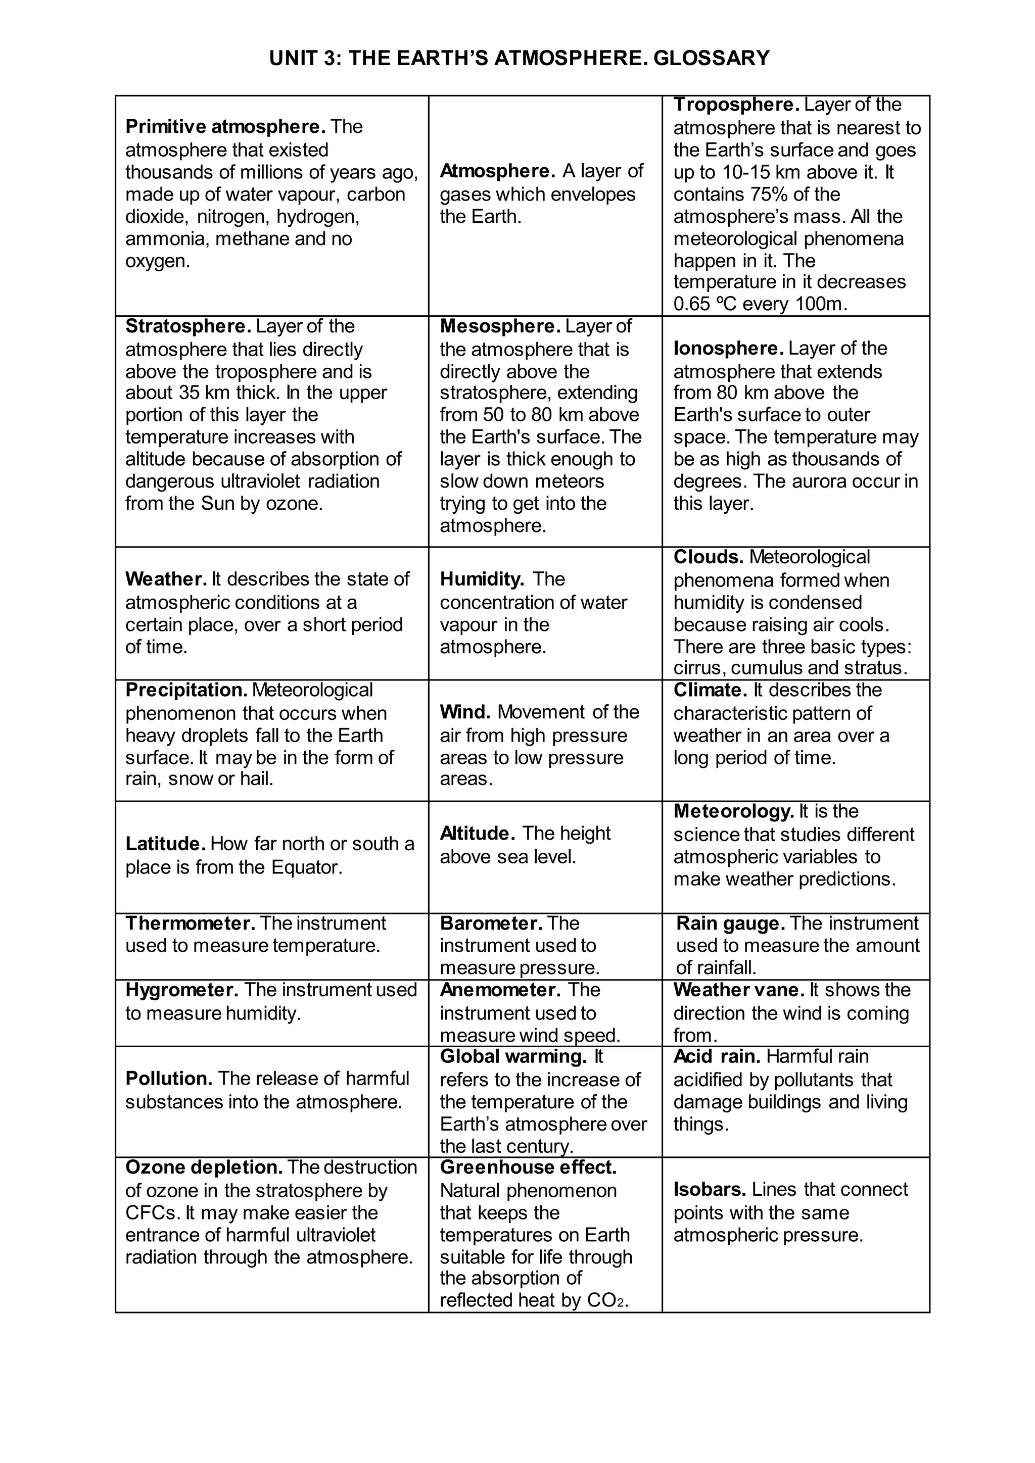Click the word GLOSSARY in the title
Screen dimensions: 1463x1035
click(711, 59)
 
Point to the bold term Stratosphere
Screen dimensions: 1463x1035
click(189, 326)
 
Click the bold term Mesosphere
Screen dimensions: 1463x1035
click(500, 326)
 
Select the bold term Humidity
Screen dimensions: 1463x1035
click(482, 579)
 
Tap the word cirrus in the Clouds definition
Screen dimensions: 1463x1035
click(699, 668)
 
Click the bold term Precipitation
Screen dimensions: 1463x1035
click(186, 690)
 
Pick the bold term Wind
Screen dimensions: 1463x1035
click(464, 712)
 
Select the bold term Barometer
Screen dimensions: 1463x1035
click(491, 923)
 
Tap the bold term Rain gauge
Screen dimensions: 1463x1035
click(730, 923)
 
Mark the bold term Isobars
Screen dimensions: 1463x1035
click(710, 1190)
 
